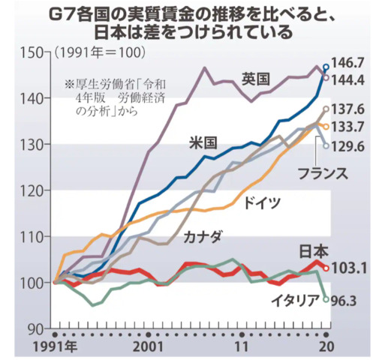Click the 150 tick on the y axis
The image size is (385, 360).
click(x=34, y=52)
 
